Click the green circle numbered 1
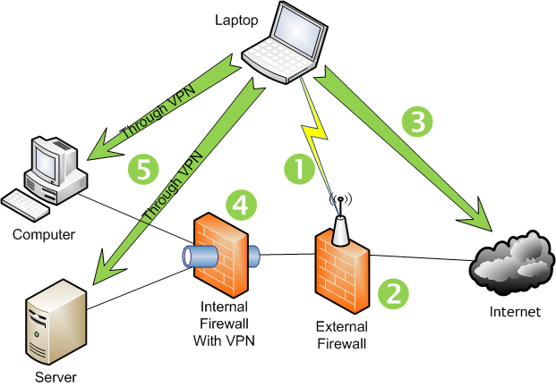300,168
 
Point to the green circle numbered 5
143,167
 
